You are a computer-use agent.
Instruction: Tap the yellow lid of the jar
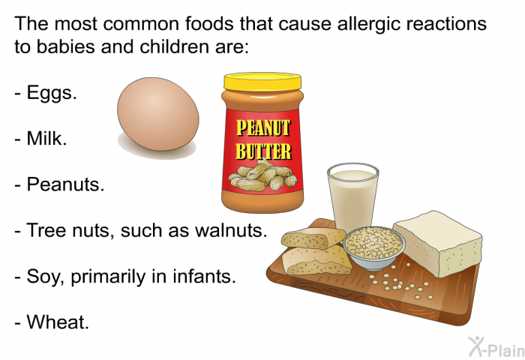coord(262,81)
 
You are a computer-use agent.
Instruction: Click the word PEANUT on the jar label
coord(263,128)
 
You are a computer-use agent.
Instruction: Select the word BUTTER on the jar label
coord(263,151)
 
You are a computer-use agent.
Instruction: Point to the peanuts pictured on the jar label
coord(262,175)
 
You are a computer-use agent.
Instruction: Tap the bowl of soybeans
coord(373,247)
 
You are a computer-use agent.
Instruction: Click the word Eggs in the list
coord(52,93)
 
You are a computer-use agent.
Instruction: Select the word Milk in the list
coord(46,138)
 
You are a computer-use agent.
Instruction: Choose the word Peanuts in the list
coord(65,184)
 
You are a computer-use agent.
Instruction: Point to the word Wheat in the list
coord(58,322)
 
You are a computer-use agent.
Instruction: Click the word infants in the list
coord(204,276)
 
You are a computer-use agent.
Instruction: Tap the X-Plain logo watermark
coord(496,347)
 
